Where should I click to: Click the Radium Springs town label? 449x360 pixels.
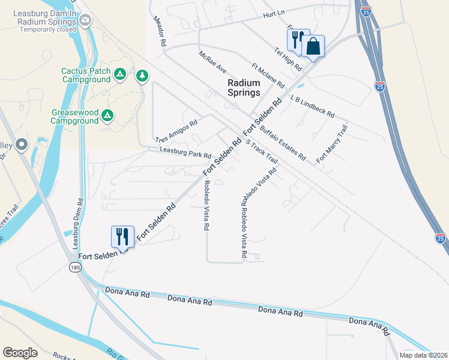point(244,88)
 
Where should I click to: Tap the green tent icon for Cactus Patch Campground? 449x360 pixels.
point(120,74)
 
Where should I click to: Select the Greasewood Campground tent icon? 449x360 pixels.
point(107,115)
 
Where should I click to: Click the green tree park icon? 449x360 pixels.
point(142,76)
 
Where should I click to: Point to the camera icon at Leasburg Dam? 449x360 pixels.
point(85,21)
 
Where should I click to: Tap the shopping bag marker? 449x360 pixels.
point(313,46)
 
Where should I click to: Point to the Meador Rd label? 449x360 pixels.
point(158,32)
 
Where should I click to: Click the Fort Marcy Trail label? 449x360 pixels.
point(332,143)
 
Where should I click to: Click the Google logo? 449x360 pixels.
point(20,353)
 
